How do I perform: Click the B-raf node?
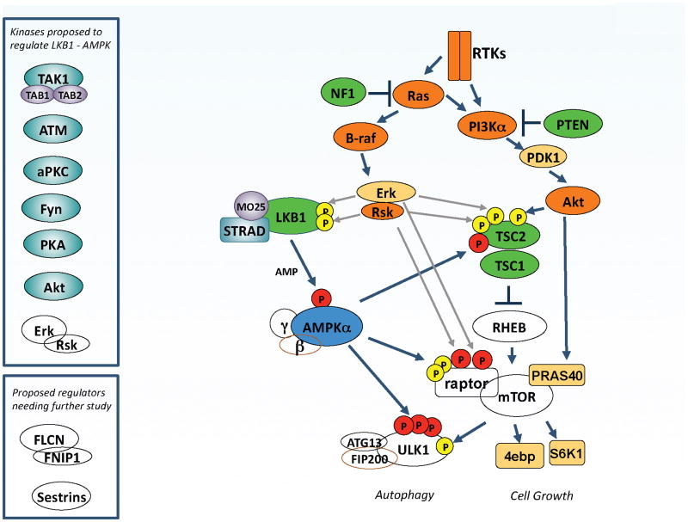pos(353,136)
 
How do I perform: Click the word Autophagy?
pos(404,495)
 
